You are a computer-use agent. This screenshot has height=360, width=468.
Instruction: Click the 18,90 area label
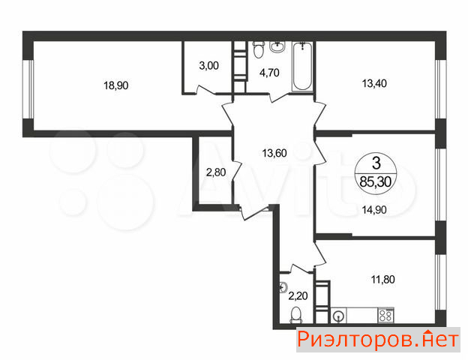pos(115,85)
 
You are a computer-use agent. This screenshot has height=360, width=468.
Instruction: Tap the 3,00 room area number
pos(209,65)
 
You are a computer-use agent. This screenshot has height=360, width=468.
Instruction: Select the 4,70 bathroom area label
pos(269,73)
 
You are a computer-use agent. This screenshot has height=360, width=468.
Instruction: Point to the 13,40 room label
pos(374,83)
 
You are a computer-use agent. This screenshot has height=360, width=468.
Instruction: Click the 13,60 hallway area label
pos(274,153)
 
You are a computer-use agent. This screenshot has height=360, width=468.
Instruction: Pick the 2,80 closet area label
pos(216,172)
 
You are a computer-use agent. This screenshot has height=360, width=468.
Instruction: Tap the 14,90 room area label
pos(374,210)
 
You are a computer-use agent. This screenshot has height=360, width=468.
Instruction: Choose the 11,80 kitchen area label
pos(383,280)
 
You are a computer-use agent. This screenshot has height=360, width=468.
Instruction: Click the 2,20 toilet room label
pos(298,295)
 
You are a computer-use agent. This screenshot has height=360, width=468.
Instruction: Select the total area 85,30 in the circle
pos(376,181)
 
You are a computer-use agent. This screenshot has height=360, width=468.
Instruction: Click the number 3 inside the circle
pos(376,163)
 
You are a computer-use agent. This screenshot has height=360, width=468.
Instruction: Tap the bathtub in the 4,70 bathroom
pos(302,67)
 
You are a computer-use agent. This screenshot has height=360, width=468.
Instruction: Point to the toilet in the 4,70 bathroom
pos(259,49)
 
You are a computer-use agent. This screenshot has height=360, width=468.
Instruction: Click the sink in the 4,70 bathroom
pos(277,46)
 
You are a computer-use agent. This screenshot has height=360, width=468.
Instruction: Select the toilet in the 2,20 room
pos(296,315)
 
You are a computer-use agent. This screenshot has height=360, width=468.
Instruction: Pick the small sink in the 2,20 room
pos(283,287)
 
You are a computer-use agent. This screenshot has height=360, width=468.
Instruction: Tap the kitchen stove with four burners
pos(386,316)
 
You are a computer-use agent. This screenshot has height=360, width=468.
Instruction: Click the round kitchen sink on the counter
pos(338,316)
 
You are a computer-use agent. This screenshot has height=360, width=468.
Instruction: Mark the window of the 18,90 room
pos(28,89)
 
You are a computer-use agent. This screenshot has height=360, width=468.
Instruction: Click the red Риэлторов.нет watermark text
pos(378,340)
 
